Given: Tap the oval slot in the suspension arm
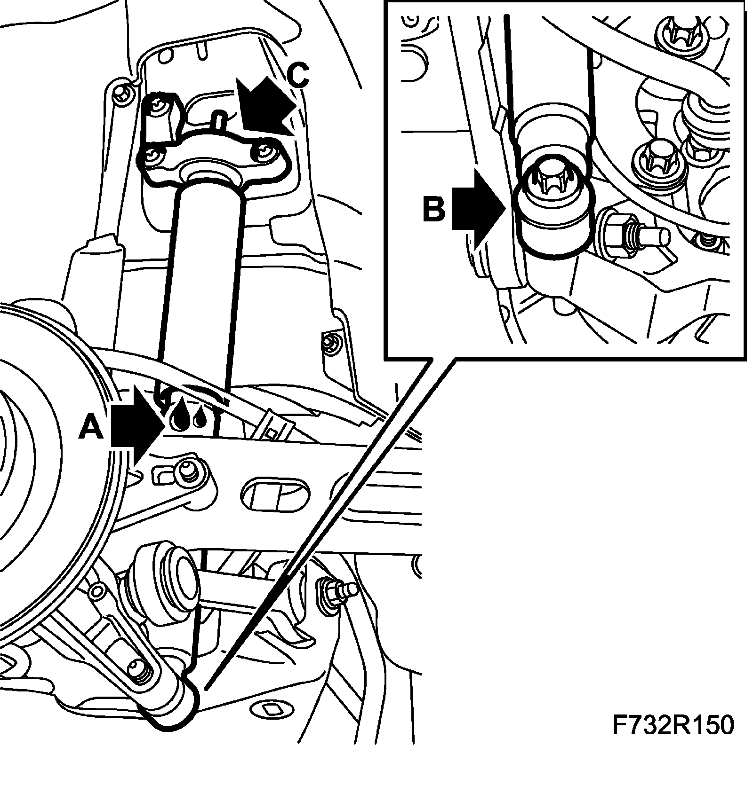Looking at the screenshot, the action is click(x=276, y=496).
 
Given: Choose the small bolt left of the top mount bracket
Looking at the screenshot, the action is click(x=123, y=95).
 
